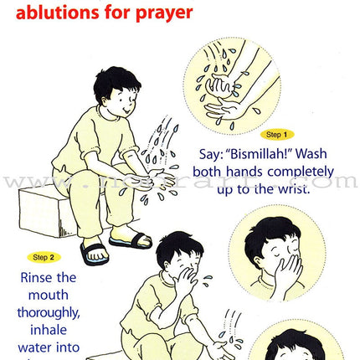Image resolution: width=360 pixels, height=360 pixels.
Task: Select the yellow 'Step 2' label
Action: [43, 257]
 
